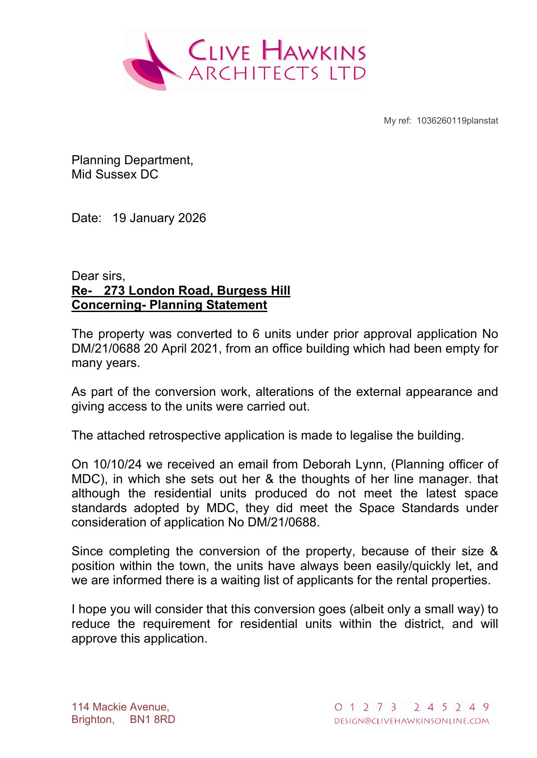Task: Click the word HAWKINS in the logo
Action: [x=314, y=51]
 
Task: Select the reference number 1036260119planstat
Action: [x=457, y=121]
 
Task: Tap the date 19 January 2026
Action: [x=159, y=218]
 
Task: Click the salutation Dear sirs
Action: [x=98, y=276]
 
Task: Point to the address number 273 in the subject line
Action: [x=114, y=290]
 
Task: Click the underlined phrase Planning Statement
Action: [x=208, y=305]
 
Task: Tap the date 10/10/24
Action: [x=117, y=464]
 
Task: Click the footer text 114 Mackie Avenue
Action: [x=120, y=707]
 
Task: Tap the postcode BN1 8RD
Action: [x=152, y=720]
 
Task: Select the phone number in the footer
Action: [x=412, y=707]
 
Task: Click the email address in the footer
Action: [x=412, y=721]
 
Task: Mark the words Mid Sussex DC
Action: [x=115, y=175]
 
